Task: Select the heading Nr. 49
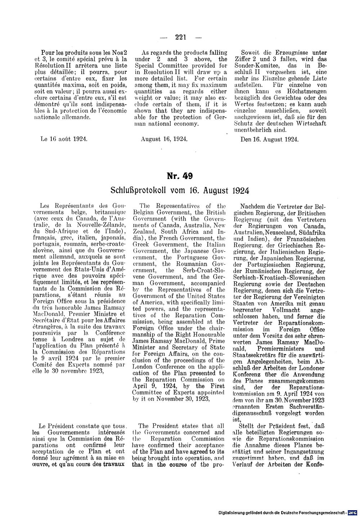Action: point(180,176)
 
